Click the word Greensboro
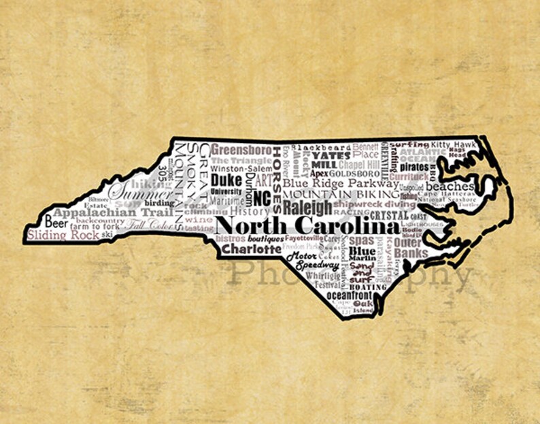[x=241, y=149]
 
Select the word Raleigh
[x=307, y=207]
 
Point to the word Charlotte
[x=252, y=249]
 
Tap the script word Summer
[x=133, y=190]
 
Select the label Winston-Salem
[x=240, y=168]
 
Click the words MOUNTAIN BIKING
[x=341, y=194]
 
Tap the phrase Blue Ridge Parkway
[x=341, y=182]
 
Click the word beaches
[x=450, y=186]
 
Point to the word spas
[x=362, y=240]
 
